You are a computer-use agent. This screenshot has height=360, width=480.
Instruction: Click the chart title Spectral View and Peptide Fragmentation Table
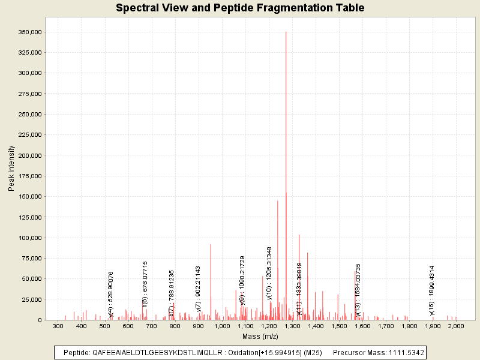[x=240, y=8]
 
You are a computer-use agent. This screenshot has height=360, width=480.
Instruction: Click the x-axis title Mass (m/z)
[x=260, y=337]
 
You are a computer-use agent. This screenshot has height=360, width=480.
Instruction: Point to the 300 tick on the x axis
[x=58, y=326]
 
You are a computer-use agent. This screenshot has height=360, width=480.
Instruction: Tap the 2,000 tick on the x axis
[x=456, y=326]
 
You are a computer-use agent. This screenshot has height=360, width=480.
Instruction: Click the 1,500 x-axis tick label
[x=339, y=326]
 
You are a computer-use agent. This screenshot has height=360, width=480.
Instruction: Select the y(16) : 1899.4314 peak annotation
[x=432, y=290]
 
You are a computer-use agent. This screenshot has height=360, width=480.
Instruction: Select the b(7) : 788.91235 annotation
[x=172, y=293]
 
